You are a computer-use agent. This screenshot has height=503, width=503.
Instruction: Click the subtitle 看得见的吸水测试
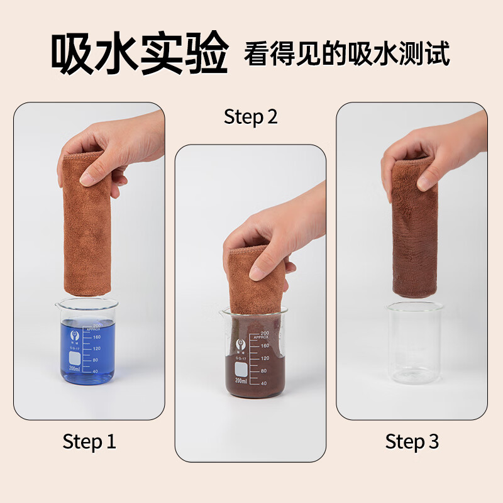pos(347,55)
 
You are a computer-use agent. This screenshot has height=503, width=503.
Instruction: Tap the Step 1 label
pos(89,441)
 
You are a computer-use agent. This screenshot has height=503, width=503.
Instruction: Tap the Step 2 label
pos(250,117)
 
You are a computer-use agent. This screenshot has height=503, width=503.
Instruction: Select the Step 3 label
pos(412,441)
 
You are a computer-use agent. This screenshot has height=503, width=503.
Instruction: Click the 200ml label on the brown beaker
pos(241,379)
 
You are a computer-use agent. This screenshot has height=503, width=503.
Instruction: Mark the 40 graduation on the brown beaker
pos(264,383)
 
